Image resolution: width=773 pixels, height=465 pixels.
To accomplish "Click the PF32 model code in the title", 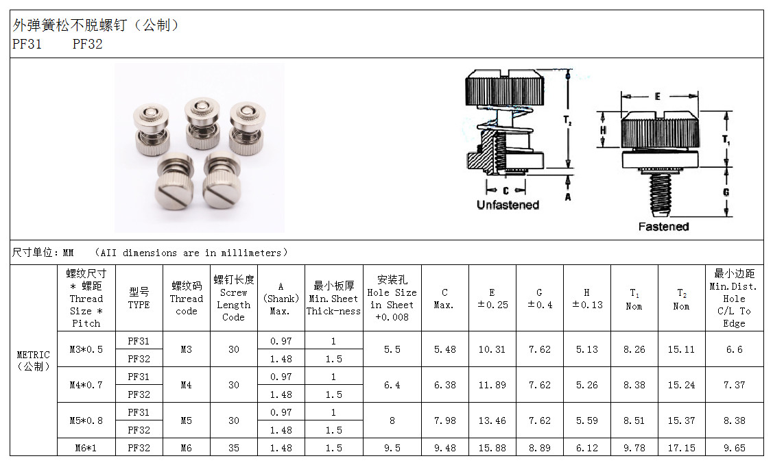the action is [x=87, y=45].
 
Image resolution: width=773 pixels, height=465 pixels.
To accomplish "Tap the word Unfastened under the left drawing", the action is [x=508, y=205].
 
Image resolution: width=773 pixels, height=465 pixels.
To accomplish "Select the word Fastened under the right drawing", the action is [x=663, y=227].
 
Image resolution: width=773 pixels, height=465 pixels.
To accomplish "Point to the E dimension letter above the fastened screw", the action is [x=657, y=97].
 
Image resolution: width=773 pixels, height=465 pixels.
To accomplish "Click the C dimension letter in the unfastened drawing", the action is [x=506, y=190].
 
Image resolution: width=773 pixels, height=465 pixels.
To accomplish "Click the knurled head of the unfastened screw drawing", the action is [x=505, y=88].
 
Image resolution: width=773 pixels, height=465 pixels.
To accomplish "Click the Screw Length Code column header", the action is [x=234, y=298].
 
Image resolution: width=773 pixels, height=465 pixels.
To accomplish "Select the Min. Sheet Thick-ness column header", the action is [x=334, y=298].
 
